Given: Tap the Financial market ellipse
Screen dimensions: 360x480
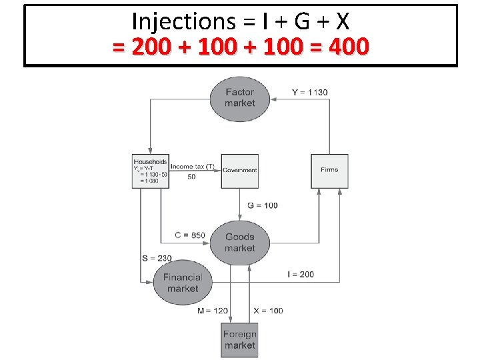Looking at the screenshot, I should click(183, 283).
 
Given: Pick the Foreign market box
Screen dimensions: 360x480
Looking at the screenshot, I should click(239, 340).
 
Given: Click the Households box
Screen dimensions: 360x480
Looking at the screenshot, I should click(150, 171).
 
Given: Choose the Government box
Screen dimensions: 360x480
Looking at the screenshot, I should click(239, 170).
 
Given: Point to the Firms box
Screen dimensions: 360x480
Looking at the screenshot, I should click(329, 170).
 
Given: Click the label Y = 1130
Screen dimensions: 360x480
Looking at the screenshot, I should click(310, 92).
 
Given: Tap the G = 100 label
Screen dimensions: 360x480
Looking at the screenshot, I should click(262, 205).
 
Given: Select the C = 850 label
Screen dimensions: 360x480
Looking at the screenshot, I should click(190, 235).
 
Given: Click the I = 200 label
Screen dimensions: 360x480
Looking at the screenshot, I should click(301, 274).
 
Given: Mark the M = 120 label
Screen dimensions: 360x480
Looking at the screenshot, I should click(213, 311).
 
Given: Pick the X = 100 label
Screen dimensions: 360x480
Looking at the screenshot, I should click(268, 311).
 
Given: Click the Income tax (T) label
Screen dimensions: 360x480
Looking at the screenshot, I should click(193, 166).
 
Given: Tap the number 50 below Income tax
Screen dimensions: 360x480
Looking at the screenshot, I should click(191, 177).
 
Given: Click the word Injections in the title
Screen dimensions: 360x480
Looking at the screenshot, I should click(180, 22).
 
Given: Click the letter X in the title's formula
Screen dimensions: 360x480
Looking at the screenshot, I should click(341, 22).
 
